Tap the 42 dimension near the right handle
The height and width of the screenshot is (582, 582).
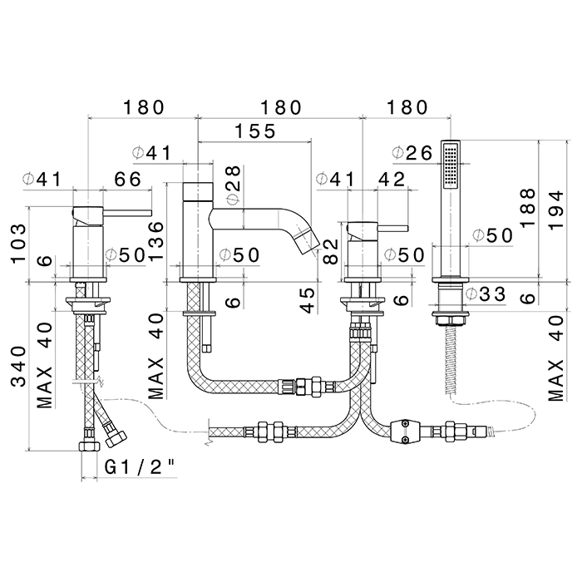pos(390,180)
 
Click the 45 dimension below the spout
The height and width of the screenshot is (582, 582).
pos(307,300)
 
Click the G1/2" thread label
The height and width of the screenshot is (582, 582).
pos(141,467)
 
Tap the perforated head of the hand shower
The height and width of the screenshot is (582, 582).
pos(451,165)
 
